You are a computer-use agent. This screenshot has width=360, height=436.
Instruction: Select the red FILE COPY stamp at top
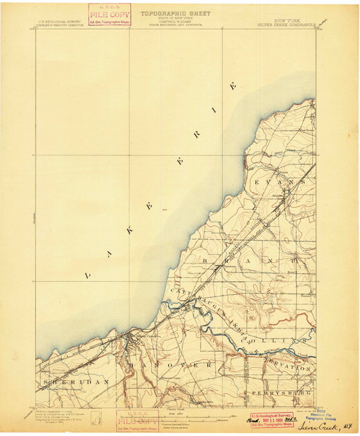109,15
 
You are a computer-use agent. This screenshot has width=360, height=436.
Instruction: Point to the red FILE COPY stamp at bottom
138,420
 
